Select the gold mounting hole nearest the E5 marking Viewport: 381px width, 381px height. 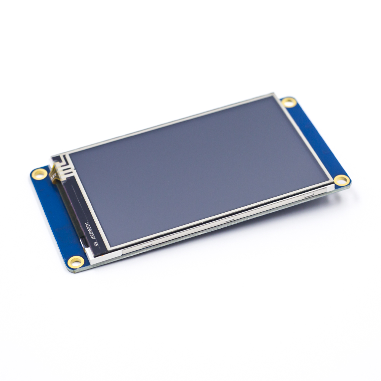coord(75,261)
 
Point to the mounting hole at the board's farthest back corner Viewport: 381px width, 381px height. coord(289,102)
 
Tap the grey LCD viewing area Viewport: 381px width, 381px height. coord(198,168)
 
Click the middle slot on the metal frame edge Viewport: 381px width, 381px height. coord(229,220)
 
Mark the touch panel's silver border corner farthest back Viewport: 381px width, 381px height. coord(272,94)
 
